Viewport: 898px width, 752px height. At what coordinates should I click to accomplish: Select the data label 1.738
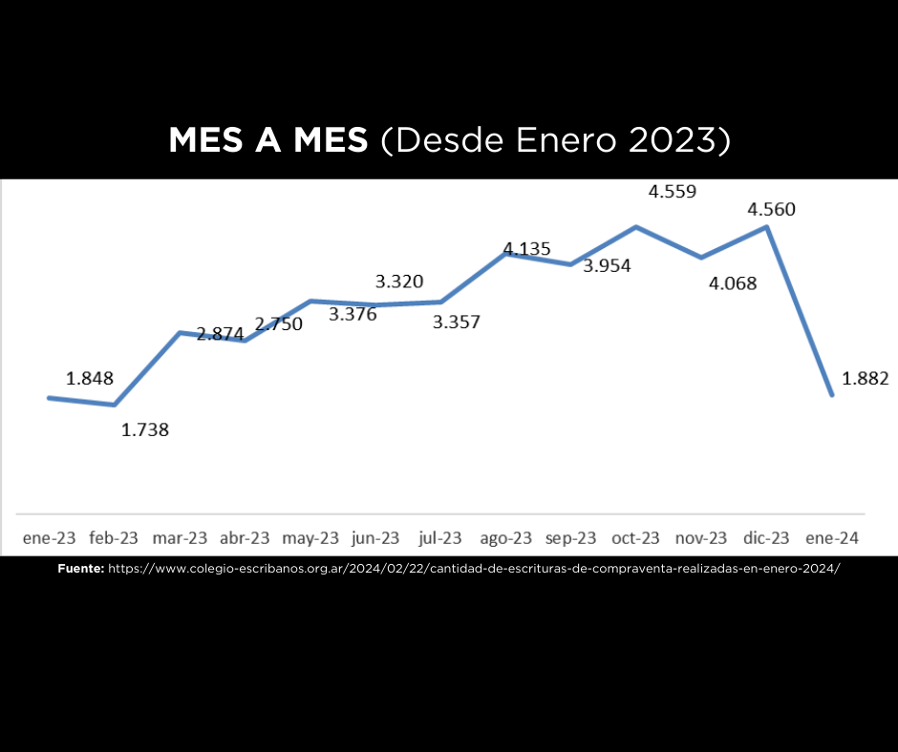point(145,429)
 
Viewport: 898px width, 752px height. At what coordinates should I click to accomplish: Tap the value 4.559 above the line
point(673,191)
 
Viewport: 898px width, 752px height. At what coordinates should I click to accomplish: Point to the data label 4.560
point(772,209)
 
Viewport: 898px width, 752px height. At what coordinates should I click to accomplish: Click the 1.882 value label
point(866,378)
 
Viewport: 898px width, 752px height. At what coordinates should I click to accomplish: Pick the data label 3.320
point(399,282)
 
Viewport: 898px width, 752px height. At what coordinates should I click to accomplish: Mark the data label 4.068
point(733,283)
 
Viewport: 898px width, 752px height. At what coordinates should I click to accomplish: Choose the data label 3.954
point(608,266)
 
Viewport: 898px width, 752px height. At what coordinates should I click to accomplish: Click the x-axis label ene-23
point(50,538)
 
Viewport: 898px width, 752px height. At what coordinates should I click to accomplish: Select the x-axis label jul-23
point(440,538)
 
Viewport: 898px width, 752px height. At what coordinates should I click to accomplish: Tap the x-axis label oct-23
point(635,538)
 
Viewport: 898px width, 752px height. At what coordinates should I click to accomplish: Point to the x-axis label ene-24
point(832,538)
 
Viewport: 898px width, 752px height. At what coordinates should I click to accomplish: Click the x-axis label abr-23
point(245,538)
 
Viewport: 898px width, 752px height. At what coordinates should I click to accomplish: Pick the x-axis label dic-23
point(767,538)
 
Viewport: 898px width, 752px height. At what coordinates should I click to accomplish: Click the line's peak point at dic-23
point(767,227)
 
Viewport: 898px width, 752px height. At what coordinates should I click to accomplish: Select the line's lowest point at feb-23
point(115,405)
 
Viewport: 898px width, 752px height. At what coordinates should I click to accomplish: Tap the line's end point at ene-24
point(832,394)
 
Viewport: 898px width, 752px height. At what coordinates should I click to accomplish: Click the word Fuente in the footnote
point(80,568)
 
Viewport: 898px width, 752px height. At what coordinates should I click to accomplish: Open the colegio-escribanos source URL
point(474,568)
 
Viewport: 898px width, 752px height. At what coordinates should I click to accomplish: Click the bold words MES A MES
point(267,140)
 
